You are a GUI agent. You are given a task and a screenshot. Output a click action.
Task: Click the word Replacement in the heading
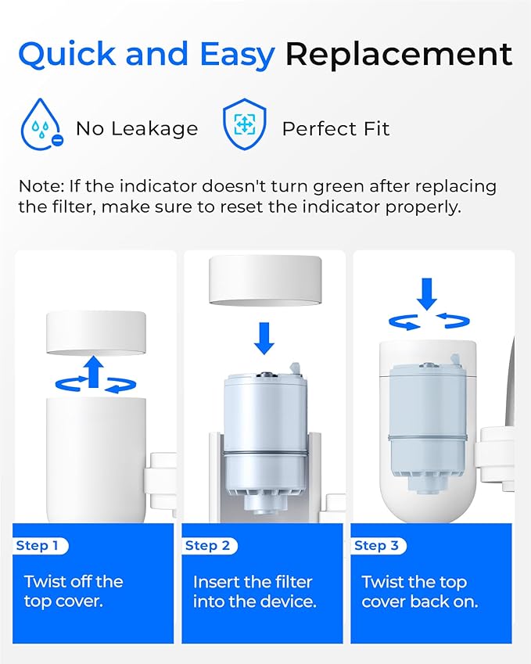pyautogui.click(x=398, y=55)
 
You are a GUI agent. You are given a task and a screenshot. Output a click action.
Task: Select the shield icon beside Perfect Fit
pyautogui.click(x=245, y=126)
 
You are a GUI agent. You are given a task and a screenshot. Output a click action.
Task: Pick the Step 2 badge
pyautogui.click(x=209, y=546)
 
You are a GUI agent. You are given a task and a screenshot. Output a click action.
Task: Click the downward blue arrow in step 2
pyautogui.click(x=265, y=338)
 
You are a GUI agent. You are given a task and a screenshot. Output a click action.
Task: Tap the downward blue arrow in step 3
pyautogui.click(x=427, y=294)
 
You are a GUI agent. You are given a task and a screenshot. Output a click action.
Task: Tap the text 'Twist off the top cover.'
pyautogui.click(x=74, y=591)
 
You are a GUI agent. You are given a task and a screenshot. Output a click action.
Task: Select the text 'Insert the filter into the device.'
pyautogui.click(x=254, y=591)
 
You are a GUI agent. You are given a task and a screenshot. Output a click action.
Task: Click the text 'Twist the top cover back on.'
pyautogui.click(x=419, y=591)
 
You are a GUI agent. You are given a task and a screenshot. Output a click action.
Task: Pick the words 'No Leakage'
pyautogui.click(x=137, y=128)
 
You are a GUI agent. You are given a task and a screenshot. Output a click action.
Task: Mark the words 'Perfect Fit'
pyautogui.click(x=335, y=128)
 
